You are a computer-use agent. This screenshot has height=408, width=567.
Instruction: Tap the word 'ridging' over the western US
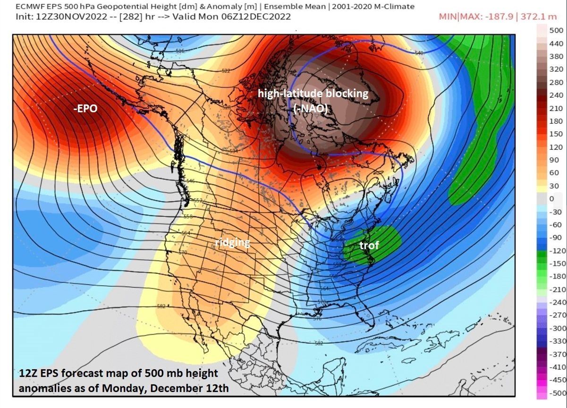click(232, 243)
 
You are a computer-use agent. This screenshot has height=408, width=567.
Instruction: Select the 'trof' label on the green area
click(369, 246)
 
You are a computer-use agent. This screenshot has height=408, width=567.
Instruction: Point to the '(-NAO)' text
click(311, 109)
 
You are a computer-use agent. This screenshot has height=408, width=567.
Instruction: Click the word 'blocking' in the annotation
click(349, 93)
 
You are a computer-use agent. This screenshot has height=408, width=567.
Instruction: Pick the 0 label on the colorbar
click(551, 199)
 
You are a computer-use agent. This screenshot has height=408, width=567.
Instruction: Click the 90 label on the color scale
click(554, 160)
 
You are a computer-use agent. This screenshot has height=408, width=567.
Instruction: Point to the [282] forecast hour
click(129, 17)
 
